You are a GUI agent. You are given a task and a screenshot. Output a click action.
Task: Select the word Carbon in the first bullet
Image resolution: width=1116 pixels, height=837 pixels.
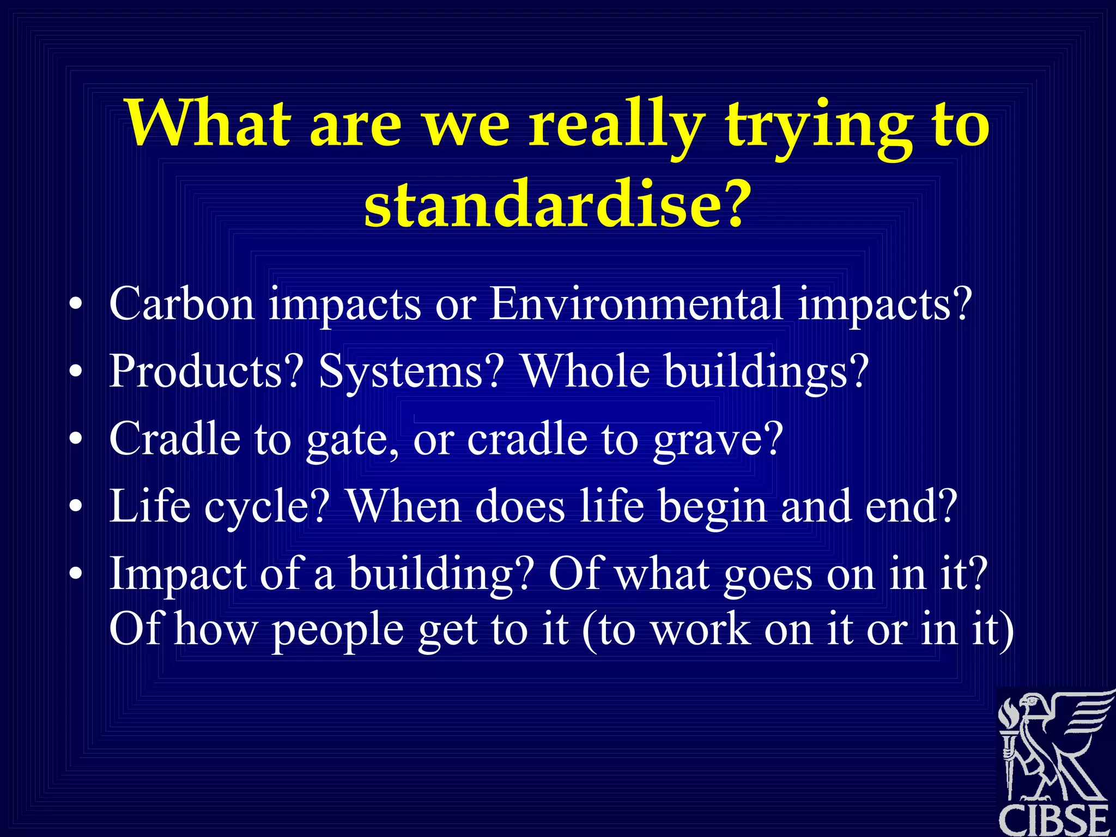coord(181,304)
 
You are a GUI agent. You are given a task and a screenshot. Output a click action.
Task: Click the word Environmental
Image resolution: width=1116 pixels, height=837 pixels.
coord(635,304)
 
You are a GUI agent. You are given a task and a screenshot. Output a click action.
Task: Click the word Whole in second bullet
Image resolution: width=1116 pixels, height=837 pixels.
coord(586,371)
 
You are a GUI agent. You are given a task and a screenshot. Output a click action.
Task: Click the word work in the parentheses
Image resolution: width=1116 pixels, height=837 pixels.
coord(701,630)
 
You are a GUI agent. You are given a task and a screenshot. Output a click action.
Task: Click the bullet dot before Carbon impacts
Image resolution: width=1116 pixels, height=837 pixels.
coord(76,305)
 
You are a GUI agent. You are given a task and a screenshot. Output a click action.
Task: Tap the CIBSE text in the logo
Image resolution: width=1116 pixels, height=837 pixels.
coord(1054,820)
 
